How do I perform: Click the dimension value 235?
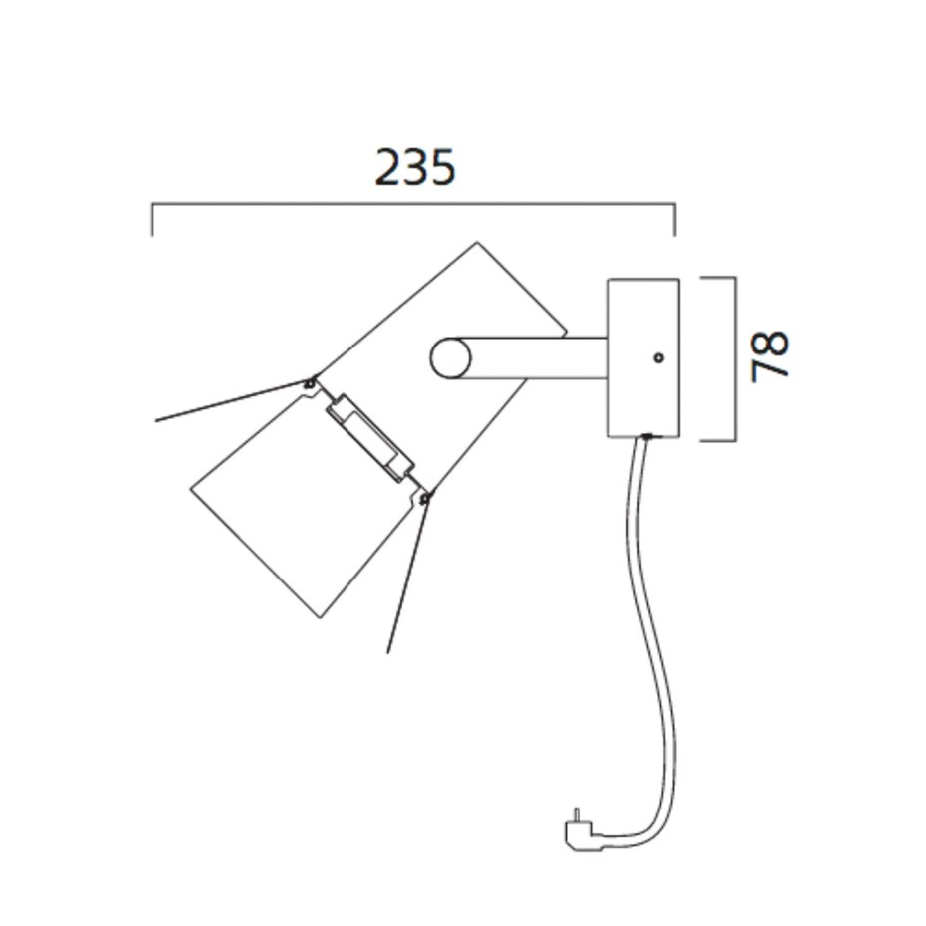pos(415,167)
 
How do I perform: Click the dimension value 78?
pos(770,355)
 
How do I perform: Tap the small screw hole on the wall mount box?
pos(657,356)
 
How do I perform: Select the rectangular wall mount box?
pos(643,357)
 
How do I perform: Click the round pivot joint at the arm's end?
pos(450,358)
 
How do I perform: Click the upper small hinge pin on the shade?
pos(312,381)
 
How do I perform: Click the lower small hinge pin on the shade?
pos(426,497)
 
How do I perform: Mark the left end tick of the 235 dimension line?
pos(152,220)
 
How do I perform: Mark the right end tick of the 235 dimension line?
pos(675,220)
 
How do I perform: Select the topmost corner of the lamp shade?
pos(478,242)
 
